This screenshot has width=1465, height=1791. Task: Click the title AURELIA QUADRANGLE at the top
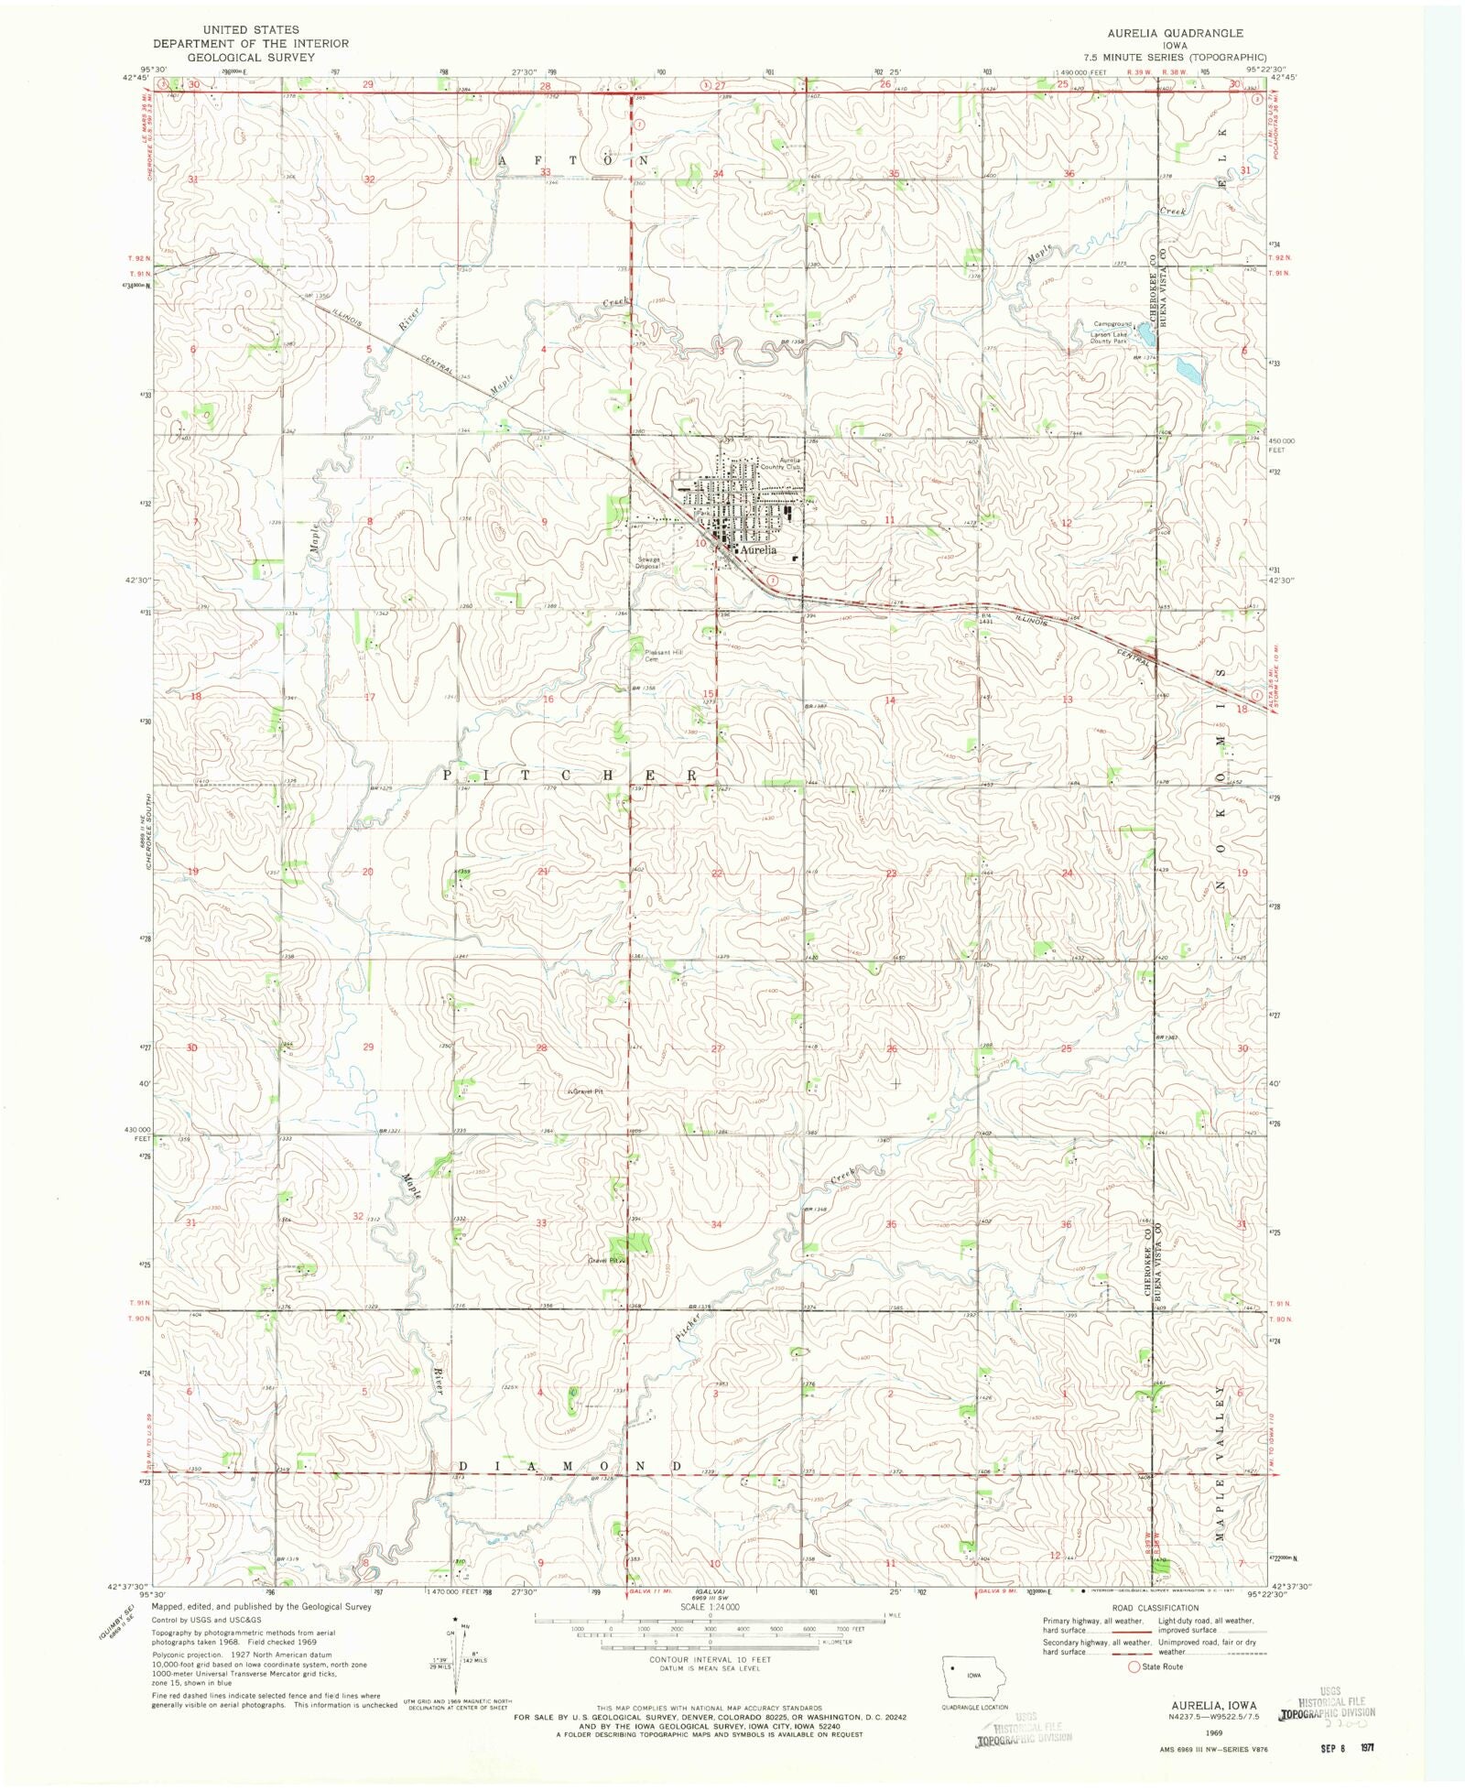coord(1175,33)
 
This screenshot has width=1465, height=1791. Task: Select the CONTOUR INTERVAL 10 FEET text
coord(710,1659)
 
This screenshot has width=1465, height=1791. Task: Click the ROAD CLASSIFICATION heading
coord(1155,1608)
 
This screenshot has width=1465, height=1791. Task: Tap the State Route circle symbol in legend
coord(1134,1666)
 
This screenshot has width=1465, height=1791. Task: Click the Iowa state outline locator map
coord(974,1677)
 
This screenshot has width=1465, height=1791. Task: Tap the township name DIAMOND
coord(568,1466)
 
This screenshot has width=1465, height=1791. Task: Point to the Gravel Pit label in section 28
coord(586,1091)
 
